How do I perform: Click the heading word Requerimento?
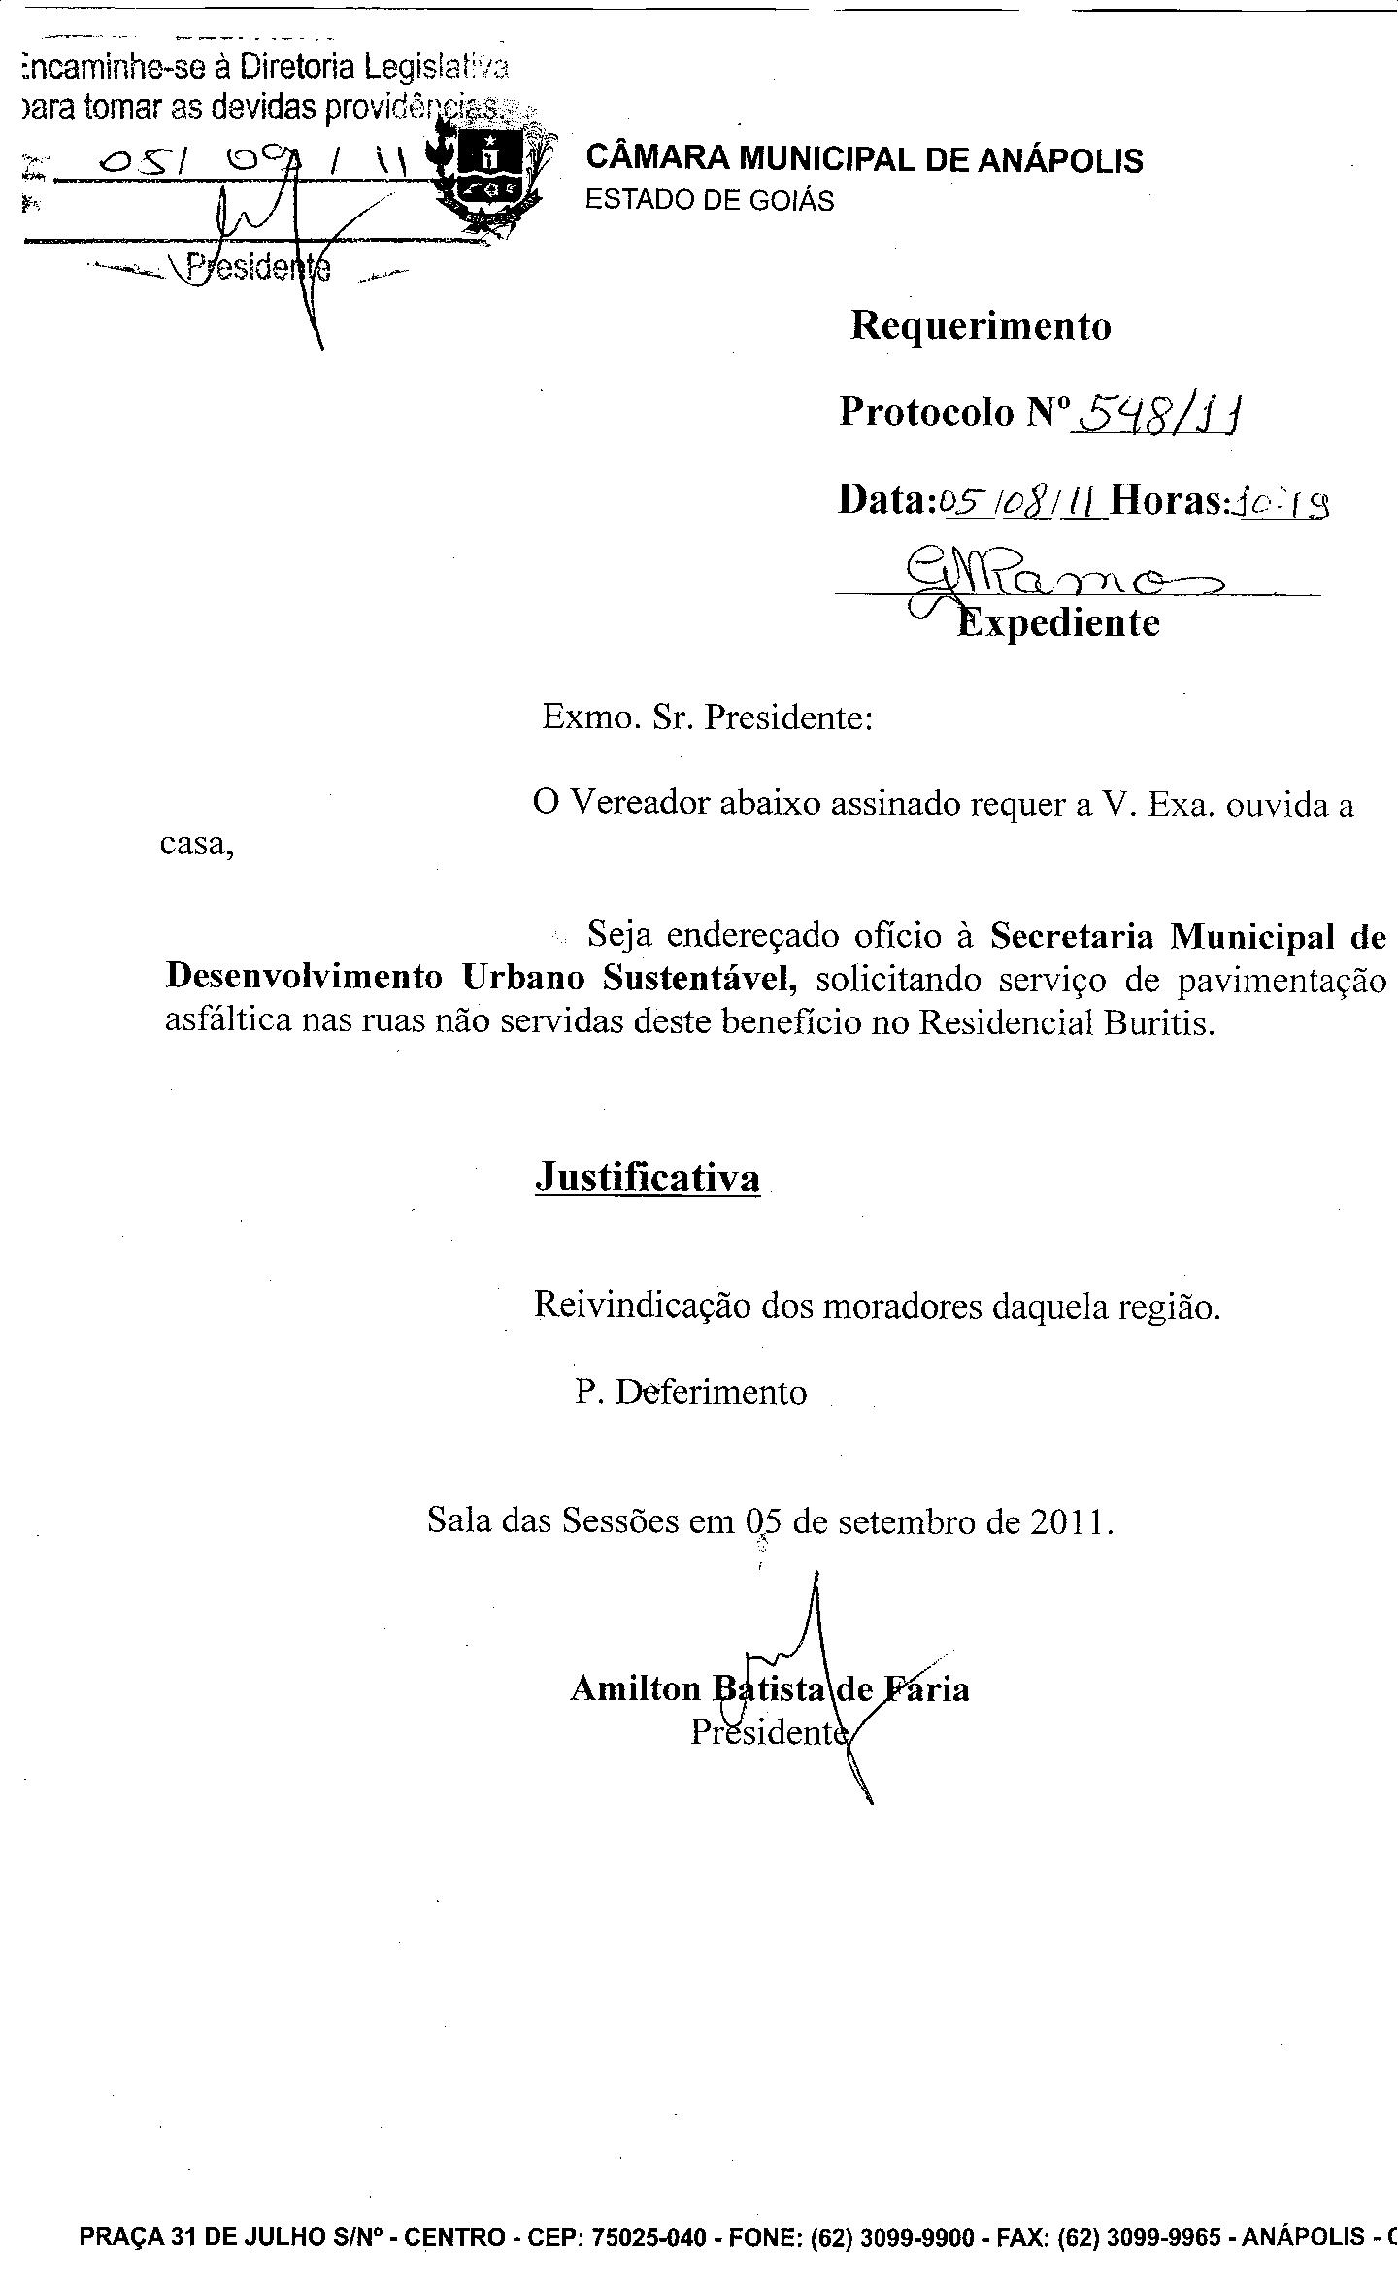[981, 326]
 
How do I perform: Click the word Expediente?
[1058, 622]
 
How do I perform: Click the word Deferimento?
[712, 1392]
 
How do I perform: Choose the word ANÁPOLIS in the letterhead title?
[1060, 159]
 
